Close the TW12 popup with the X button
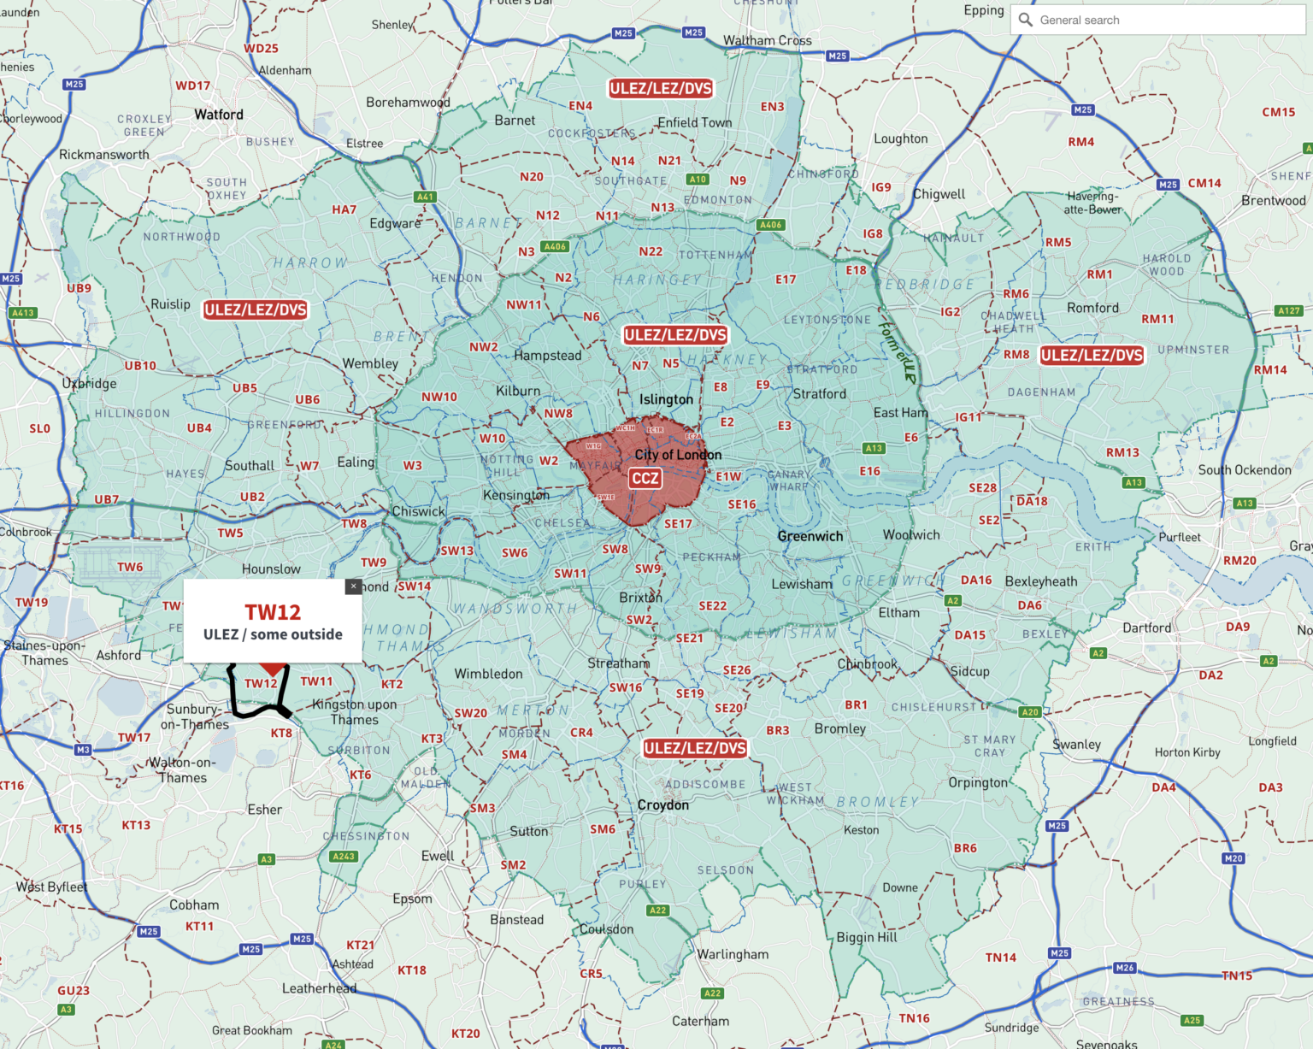pyautogui.click(x=353, y=586)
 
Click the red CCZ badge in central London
pyautogui.click(x=645, y=479)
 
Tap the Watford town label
pyautogui.click(x=219, y=115)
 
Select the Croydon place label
pyautogui.click(x=662, y=805)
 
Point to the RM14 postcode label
pyautogui.click(x=1270, y=370)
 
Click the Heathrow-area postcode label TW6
pyautogui.click(x=130, y=567)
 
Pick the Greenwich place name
pyautogui.click(x=810, y=537)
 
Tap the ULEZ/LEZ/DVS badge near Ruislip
pyautogui.click(x=255, y=309)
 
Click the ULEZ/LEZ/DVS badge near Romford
pyautogui.click(x=1092, y=355)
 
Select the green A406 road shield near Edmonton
pyautogui.click(x=770, y=225)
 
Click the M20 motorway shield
pyautogui.click(x=1234, y=858)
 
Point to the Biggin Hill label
pyautogui.click(x=867, y=937)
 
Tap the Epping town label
pyautogui.click(x=984, y=10)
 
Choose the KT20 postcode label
pyautogui.click(x=466, y=1034)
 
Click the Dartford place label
pyautogui.click(x=1147, y=628)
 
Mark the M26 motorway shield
pyautogui.click(x=1125, y=968)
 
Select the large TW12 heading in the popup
pyautogui.click(x=273, y=612)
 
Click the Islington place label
pyautogui.click(x=666, y=399)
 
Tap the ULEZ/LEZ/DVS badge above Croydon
pyautogui.click(x=695, y=748)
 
